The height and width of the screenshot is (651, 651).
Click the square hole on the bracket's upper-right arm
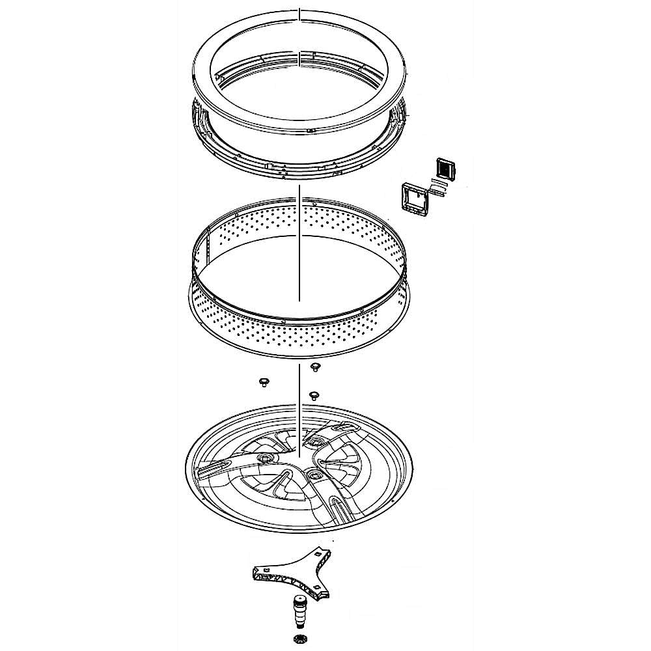pyautogui.click(x=317, y=553)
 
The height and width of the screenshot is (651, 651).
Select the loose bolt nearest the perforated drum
pyautogui.click(x=315, y=367)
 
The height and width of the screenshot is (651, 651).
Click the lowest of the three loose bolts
pyautogui.click(x=314, y=395)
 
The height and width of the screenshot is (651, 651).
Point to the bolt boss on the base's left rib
pyautogui.click(x=266, y=459)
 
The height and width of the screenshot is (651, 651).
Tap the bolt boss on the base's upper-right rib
pyautogui.click(x=315, y=441)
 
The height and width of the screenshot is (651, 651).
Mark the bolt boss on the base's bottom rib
pyautogui.click(x=316, y=478)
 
